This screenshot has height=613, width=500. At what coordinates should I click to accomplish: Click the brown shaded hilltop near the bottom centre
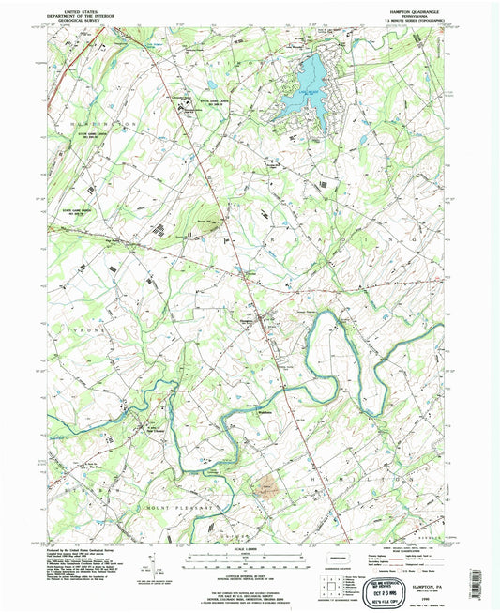(x=268, y=486)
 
